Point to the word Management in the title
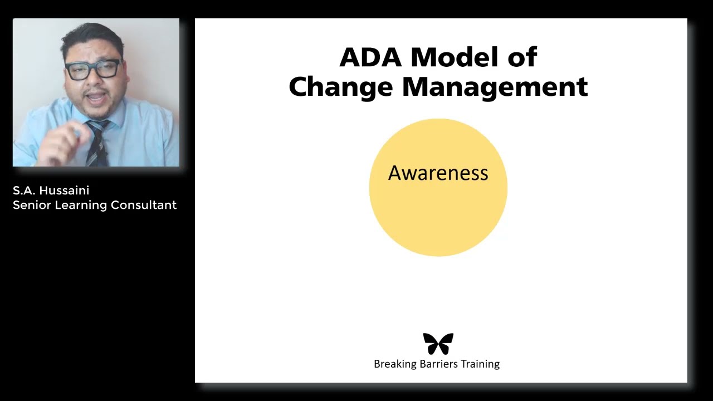tap(495, 87)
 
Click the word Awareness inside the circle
tap(438, 173)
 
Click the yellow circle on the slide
tap(438, 217)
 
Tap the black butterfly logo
tap(438, 344)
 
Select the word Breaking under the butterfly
tap(394, 364)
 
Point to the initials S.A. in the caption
tap(23, 190)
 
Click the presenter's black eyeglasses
tap(93, 69)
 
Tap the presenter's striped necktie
tap(98, 144)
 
